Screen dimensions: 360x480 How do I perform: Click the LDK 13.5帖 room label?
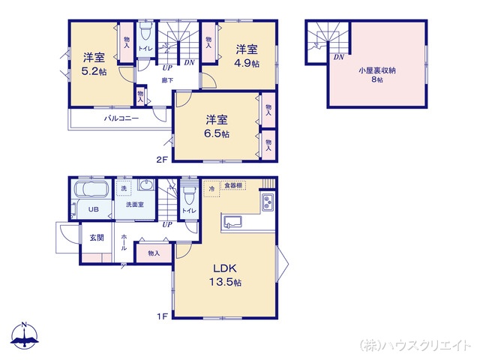(226, 275)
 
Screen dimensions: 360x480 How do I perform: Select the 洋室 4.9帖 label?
(247, 56)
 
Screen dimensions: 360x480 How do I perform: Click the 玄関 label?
(97, 238)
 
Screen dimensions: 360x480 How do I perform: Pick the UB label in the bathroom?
(94, 210)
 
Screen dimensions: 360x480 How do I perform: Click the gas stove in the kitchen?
(267, 202)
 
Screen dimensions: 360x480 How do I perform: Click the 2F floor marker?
(161, 159)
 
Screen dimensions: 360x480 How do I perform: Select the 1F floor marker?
(161, 316)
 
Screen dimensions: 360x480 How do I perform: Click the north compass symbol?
(24, 336)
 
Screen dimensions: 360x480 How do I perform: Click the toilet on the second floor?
(146, 33)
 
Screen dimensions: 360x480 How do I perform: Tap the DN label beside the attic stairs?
(339, 57)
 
